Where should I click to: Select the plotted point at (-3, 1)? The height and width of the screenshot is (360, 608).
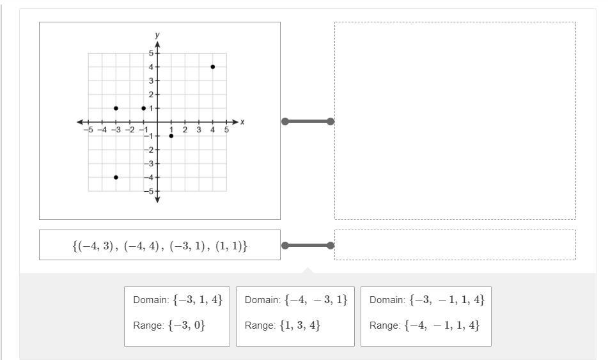pyautogui.click(x=116, y=108)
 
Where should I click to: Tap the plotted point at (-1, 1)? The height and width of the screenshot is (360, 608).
pyautogui.click(x=143, y=108)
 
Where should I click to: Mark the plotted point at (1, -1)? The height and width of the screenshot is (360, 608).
pyautogui.click(x=171, y=136)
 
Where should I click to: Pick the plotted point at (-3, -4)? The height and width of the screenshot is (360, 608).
pyautogui.click(x=116, y=177)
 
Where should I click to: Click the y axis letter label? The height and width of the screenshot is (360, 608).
pyautogui.click(x=157, y=35)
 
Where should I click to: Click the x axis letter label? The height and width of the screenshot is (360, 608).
pyautogui.click(x=242, y=121)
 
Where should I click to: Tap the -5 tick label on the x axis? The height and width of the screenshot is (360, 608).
pyautogui.click(x=88, y=130)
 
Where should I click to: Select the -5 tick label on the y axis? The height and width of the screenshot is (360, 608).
pyautogui.click(x=148, y=191)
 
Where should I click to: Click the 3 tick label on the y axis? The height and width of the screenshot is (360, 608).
pyautogui.click(x=152, y=81)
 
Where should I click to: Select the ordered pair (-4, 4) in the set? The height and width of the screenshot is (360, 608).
pyautogui.click(x=142, y=246)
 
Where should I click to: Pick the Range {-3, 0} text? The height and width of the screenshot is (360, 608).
pyautogui.click(x=169, y=325)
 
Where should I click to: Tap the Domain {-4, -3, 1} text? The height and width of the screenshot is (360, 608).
pyautogui.click(x=296, y=300)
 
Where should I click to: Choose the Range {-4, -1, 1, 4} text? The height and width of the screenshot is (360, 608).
pyautogui.click(x=425, y=325)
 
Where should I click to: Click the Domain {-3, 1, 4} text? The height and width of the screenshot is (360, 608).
pyautogui.click(x=178, y=300)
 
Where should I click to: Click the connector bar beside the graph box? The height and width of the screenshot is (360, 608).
pyautogui.click(x=308, y=121)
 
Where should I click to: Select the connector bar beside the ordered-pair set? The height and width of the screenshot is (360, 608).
pyautogui.click(x=308, y=245)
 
